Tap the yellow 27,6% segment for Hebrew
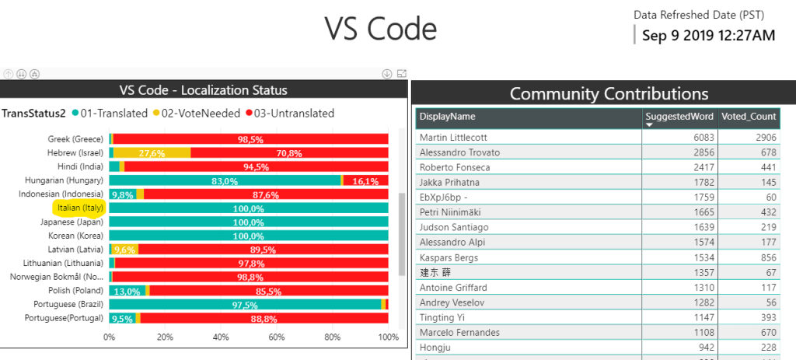click(x=152, y=153)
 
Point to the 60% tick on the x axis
click(x=277, y=337)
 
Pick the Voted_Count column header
click(x=749, y=117)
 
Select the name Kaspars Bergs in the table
click(x=449, y=257)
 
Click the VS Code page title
click(x=380, y=29)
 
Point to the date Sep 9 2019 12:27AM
click(x=708, y=36)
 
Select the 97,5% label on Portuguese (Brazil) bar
click(x=246, y=305)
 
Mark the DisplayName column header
click(x=447, y=117)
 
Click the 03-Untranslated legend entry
click(x=289, y=114)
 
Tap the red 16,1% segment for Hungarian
click(x=365, y=180)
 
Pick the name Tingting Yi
click(x=442, y=317)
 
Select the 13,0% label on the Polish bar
click(x=127, y=292)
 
